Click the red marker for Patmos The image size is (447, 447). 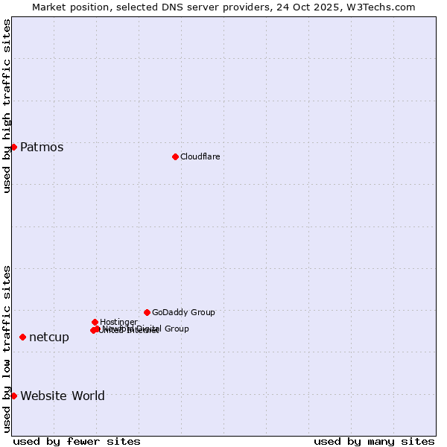13,147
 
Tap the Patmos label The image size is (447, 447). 42,147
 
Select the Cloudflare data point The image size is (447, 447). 175,156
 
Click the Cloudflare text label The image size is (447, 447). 200,156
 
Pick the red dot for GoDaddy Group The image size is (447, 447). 147,312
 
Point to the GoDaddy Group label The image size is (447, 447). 183,312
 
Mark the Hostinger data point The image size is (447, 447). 95,322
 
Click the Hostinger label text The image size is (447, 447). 118,322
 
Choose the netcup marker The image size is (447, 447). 22,337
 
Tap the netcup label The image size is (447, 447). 49,337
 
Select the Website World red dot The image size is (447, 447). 13,396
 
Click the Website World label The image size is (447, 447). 63,396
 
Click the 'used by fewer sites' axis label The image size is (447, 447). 77,441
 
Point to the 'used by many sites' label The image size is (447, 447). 374,441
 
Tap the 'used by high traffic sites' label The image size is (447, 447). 7,106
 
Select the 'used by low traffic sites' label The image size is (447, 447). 7,349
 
